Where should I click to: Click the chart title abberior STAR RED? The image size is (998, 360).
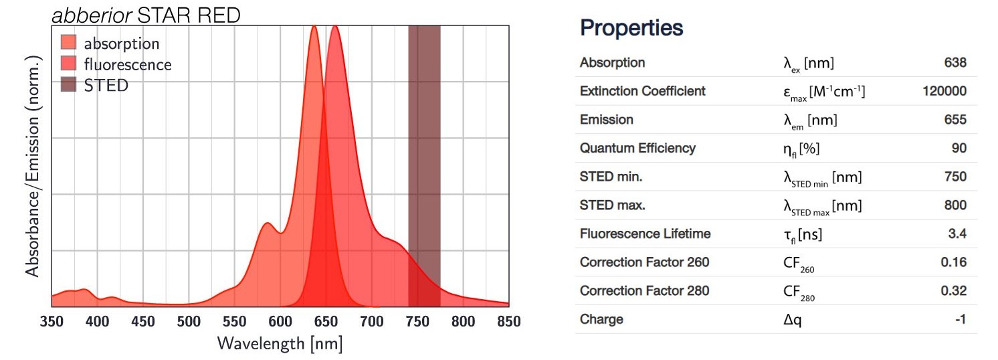pyautogui.click(x=146, y=15)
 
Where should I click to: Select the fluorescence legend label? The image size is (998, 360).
pyautogui.click(x=127, y=65)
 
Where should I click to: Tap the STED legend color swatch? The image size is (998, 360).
pyautogui.click(x=69, y=86)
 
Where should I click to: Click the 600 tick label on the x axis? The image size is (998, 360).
pyautogui.click(x=280, y=322)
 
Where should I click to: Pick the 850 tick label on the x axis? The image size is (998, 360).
pyautogui.click(x=509, y=322)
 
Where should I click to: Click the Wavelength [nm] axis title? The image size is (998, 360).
pyautogui.click(x=280, y=345)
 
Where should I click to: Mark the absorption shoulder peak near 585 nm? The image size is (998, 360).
pyautogui.click(x=266, y=223)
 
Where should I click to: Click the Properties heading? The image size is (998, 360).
pyautogui.click(x=631, y=28)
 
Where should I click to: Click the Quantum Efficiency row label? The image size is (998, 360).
pyautogui.click(x=637, y=148)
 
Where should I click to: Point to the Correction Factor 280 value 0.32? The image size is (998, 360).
pyautogui.click(x=953, y=291)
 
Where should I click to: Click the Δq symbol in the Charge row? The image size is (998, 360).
pyautogui.click(x=793, y=320)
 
